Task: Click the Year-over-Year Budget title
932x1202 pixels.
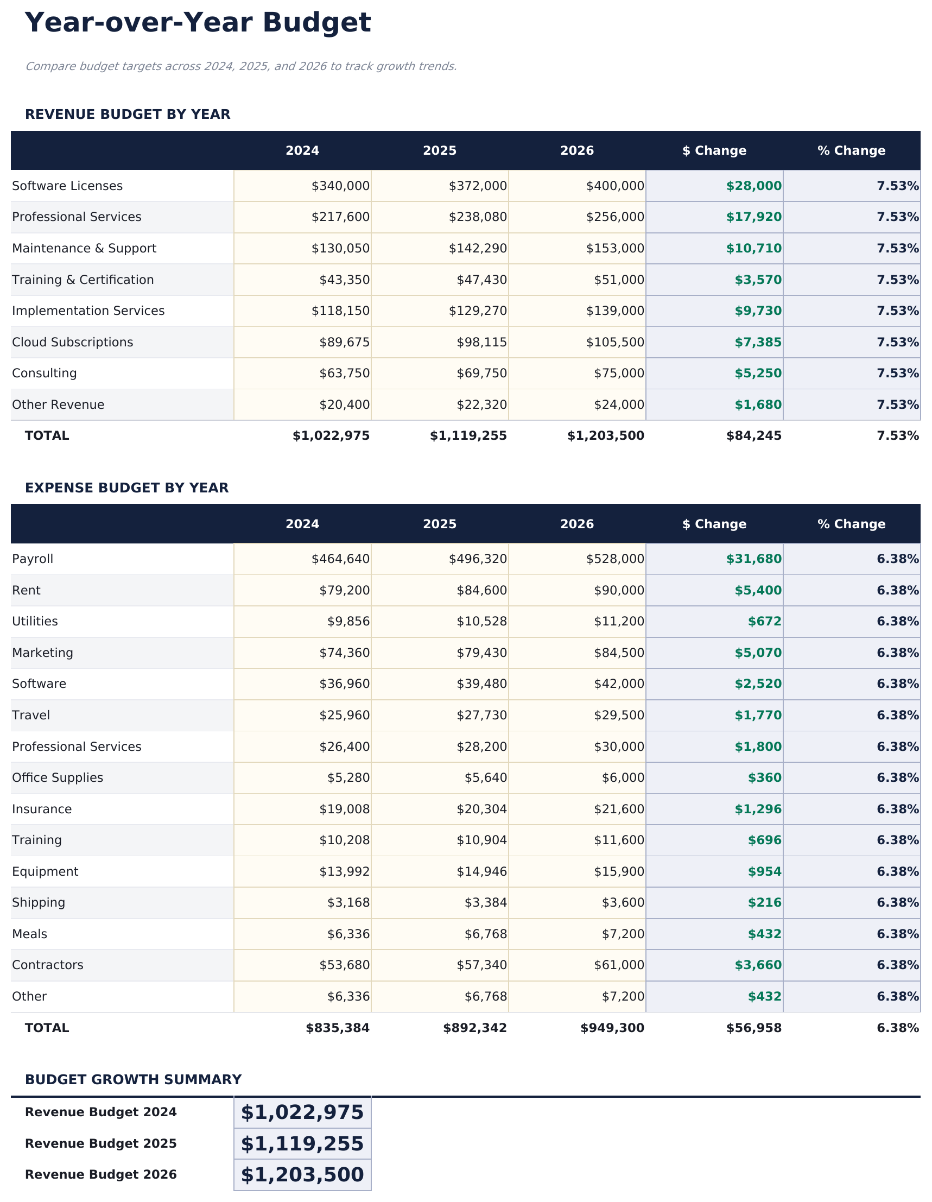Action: click(x=198, y=23)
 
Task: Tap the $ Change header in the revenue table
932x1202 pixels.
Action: click(x=714, y=151)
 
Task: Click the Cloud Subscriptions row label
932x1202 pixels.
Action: click(x=73, y=343)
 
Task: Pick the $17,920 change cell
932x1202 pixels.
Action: click(x=753, y=217)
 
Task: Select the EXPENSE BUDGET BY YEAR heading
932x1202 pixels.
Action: click(x=126, y=488)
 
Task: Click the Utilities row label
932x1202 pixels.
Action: click(x=35, y=622)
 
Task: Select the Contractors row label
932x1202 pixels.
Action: click(x=48, y=965)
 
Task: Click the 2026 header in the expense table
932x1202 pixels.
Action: click(x=576, y=524)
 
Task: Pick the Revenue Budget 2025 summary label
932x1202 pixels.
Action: click(x=100, y=1144)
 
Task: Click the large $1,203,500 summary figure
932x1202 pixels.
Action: click(x=302, y=1174)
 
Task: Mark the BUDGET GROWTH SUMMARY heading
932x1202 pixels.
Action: click(x=133, y=1079)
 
